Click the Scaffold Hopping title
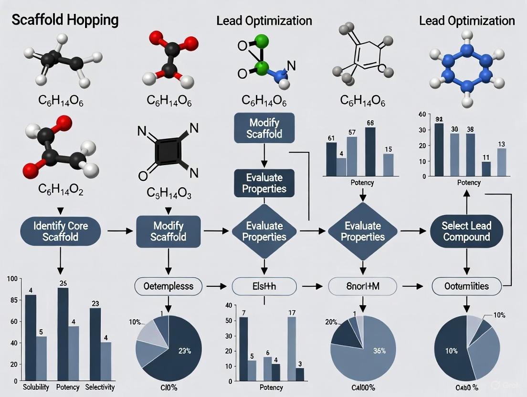pos(64,21)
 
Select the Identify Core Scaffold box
pos(61,230)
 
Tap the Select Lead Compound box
pos(466,230)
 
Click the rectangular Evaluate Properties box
pos(264,183)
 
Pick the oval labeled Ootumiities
pos(466,286)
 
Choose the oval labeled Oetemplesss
pos(169,286)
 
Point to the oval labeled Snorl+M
pos(362,286)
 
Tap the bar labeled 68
pos(370,152)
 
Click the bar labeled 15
pos(388,165)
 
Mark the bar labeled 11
pos(486,169)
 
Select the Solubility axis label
pos(36,387)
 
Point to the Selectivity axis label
pos(100,387)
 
